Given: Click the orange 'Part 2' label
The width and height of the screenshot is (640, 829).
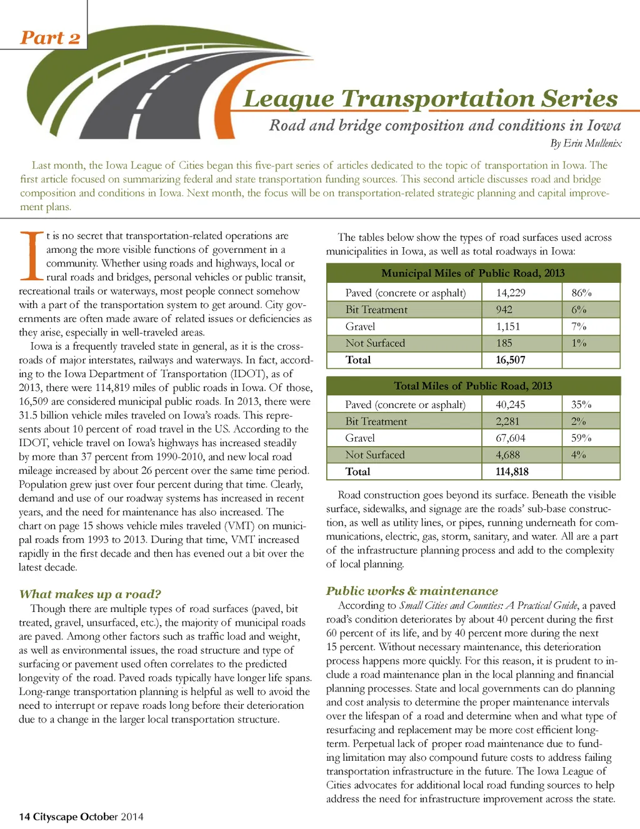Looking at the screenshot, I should coord(50,38).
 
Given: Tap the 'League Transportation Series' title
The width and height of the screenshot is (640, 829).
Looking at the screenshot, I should coord(430,99).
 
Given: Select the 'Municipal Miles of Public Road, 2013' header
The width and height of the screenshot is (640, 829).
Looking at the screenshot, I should coord(472,273).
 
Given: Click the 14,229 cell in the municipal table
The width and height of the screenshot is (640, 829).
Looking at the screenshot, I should coord(511,293).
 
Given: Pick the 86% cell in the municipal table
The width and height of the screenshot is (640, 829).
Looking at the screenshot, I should coord(581,293).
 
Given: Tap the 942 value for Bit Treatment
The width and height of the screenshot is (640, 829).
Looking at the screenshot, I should coord(504,310).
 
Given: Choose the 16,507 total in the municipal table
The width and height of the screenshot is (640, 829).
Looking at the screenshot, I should coord(510,360).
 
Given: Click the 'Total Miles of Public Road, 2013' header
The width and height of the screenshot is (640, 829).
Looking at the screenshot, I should coord(472,385).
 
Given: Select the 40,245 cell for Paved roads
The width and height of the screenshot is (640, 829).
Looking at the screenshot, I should coord(511,405).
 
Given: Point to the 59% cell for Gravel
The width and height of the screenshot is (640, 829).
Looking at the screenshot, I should coord(581,438).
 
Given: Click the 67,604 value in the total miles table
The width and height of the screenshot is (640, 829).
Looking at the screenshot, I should coord(511,438).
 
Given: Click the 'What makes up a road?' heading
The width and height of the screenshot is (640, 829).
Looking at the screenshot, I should coord(90,594).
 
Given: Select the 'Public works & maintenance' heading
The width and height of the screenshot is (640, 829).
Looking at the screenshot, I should coord(412,591).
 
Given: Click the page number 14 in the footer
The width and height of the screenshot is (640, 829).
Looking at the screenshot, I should coord(24,816).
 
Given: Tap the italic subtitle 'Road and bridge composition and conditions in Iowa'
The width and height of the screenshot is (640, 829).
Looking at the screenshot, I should coord(444,125).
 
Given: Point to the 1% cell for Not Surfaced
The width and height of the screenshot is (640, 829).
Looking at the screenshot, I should coord(579,343).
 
